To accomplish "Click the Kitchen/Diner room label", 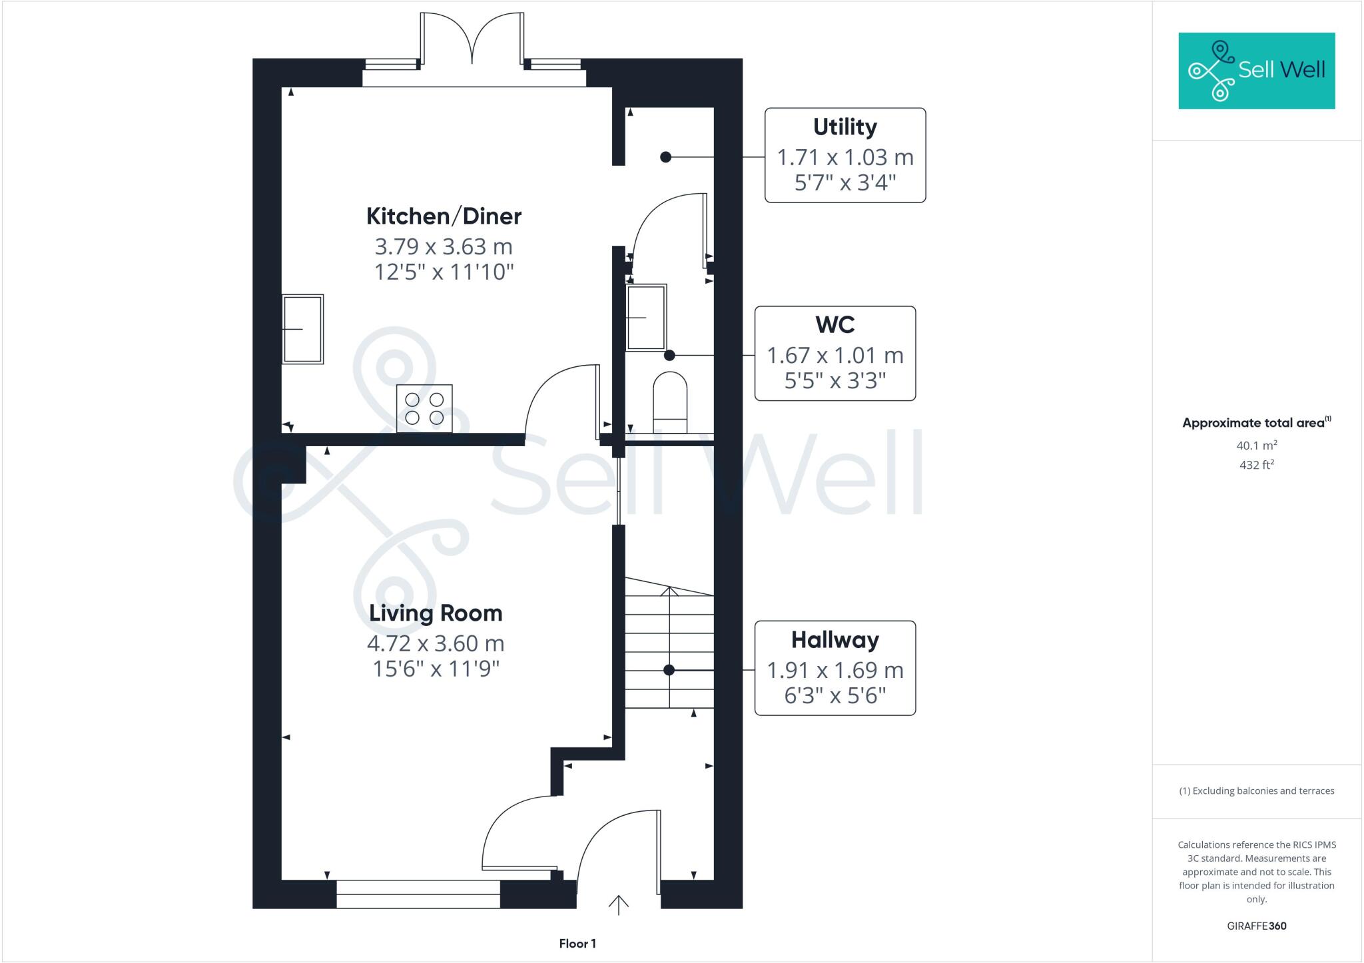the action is (x=444, y=216).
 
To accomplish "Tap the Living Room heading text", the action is (x=436, y=613).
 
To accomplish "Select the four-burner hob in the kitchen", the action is (x=424, y=408).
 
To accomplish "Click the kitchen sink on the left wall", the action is (x=303, y=329).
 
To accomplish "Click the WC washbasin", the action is (x=646, y=317).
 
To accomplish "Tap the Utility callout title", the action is (x=845, y=127).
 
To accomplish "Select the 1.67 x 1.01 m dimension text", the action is (x=835, y=356).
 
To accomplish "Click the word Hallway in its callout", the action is (x=835, y=640).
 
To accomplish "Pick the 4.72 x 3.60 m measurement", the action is (x=436, y=643).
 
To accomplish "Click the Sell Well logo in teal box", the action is (x=1256, y=71).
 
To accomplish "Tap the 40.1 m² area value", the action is (x=1256, y=446).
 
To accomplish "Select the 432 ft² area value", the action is (x=1256, y=465).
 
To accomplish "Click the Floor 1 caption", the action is (x=577, y=944).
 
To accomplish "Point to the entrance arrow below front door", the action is (x=619, y=904).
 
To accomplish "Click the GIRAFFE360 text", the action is (x=1256, y=926).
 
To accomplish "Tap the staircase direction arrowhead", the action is (x=669, y=590).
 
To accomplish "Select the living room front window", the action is (x=418, y=894).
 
